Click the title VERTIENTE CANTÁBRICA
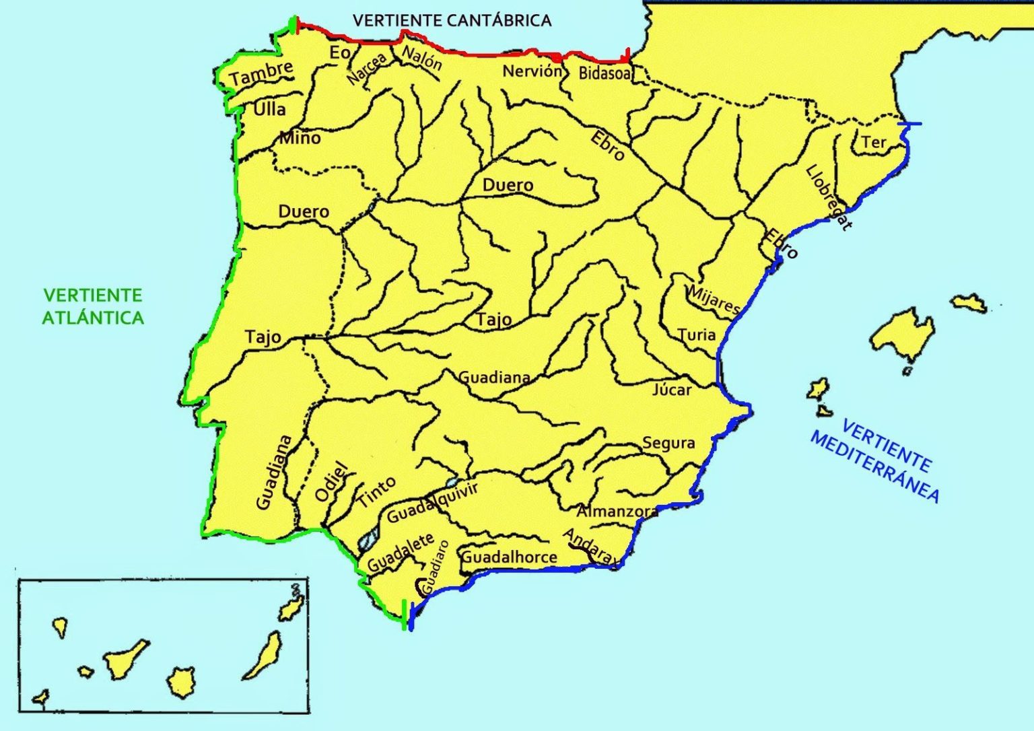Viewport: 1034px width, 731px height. coord(452,20)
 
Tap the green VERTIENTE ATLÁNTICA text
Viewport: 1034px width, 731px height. coord(93,306)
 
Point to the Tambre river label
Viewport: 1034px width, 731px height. coord(262,73)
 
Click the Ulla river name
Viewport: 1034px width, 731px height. coord(269,109)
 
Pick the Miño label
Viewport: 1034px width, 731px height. coord(300,138)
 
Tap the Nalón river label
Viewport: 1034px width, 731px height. coord(422,58)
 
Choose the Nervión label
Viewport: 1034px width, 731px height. coord(532,71)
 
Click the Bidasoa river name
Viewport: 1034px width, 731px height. coord(605,73)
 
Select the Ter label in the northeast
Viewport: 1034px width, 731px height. coord(874,142)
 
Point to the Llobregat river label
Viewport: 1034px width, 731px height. coord(829,198)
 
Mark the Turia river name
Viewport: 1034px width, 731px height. coord(696,335)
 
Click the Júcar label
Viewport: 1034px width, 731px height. coord(672,389)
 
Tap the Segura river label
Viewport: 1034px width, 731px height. coord(668,443)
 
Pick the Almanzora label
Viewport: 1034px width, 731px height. coord(617,511)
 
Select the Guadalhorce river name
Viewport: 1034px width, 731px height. coord(509,557)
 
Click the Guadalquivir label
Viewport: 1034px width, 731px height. coord(432,502)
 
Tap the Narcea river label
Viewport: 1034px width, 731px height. coord(367,69)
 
